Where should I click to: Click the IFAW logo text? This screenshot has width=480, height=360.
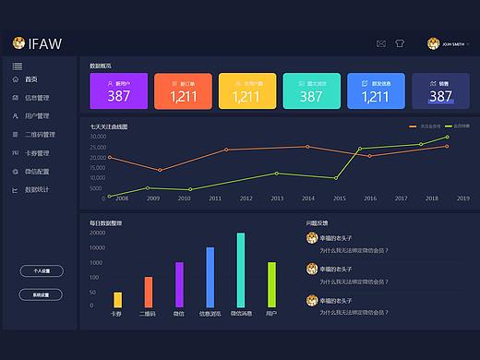45,42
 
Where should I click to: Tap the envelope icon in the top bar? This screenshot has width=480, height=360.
381,43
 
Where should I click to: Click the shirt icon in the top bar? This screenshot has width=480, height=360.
400,43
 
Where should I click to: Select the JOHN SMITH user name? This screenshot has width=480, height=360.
455,43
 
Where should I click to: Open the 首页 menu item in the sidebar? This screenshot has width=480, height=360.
31,79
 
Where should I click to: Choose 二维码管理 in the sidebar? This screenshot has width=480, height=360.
40,135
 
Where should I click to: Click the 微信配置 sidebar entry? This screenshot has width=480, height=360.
37,172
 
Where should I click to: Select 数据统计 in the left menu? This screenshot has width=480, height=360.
37,190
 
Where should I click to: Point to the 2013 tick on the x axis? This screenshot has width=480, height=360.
277,198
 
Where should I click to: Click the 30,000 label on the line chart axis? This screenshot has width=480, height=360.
97,137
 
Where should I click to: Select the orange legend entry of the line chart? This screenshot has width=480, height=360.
424,126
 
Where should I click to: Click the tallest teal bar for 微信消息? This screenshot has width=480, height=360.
241,270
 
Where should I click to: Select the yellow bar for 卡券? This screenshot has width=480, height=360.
117,299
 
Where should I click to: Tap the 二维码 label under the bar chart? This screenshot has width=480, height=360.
148,314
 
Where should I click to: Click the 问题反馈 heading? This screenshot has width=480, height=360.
317,222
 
